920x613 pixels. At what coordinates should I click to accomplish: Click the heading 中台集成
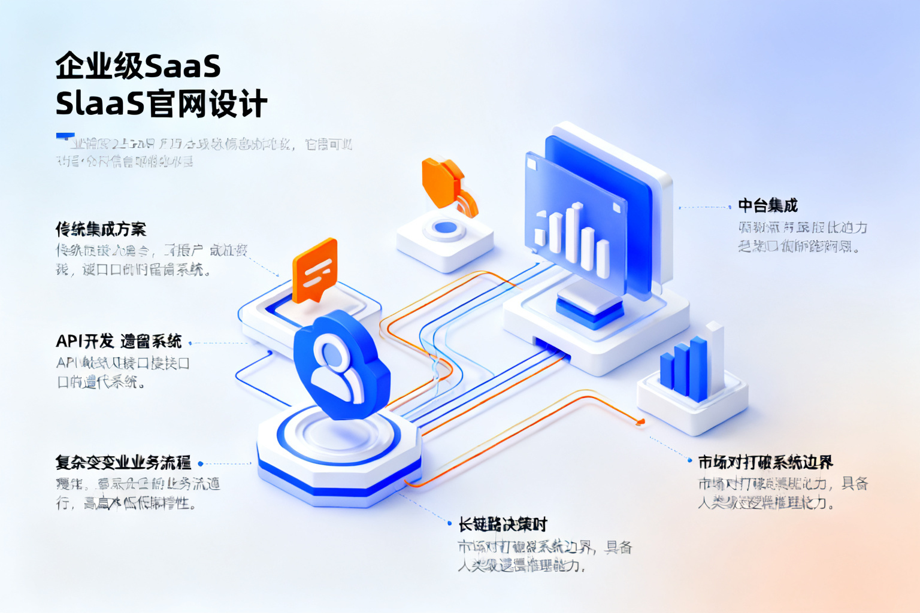pyautogui.click(x=767, y=206)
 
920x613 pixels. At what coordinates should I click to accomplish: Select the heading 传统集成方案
pyautogui.click(x=101, y=229)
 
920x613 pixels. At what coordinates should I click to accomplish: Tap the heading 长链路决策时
pyautogui.click(x=503, y=525)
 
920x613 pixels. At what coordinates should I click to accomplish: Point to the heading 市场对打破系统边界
pyautogui.click(x=765, y=462)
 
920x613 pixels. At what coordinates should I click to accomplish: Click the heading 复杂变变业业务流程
pyautogui.click(x=123, y=462)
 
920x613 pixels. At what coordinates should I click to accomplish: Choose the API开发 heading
pyautogui.click(x=119, y=341)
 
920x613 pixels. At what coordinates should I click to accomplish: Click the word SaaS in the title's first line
pyautogui.click(x=183, y=66)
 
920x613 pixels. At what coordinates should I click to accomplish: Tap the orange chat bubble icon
pyautogui.click(x=314, y=270)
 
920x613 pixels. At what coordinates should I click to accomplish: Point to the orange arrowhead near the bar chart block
pyautogui.click(x=640, y=422)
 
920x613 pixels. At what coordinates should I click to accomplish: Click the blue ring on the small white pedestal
pyautogui.click(x=445, y=228)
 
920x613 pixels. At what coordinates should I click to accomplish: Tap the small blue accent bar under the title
pyautogui.click(x=65, y=136)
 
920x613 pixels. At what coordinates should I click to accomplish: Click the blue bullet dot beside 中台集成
pyautogui.click(x=730, y=207)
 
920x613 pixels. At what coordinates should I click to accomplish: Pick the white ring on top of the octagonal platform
pyautogui.click(x=338, y=435)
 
